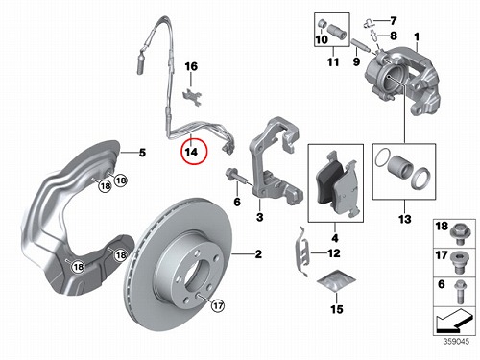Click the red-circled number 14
(x=192, y=152)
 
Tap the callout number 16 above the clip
(x=191, y=66)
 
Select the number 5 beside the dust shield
(x=142, y=153)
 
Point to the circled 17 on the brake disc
(x=218, y=306)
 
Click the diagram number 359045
(x=456, y=342)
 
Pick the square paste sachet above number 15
(x=336, y=280)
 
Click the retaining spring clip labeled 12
(x=302, y=252)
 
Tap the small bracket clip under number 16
(x=192, y=97)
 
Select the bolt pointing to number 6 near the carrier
(x=237, y=177)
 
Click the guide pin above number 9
(x=361, y=45)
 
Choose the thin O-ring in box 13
(x=383, y=157)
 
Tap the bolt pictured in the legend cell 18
(x=460, y=233)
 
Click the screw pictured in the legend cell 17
(x=459, y=261)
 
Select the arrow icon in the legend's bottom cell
(x=454, y=320)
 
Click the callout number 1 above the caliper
(x=417, y=37)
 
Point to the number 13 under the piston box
(x=404, y=219)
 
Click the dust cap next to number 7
(x=369, y=22)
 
